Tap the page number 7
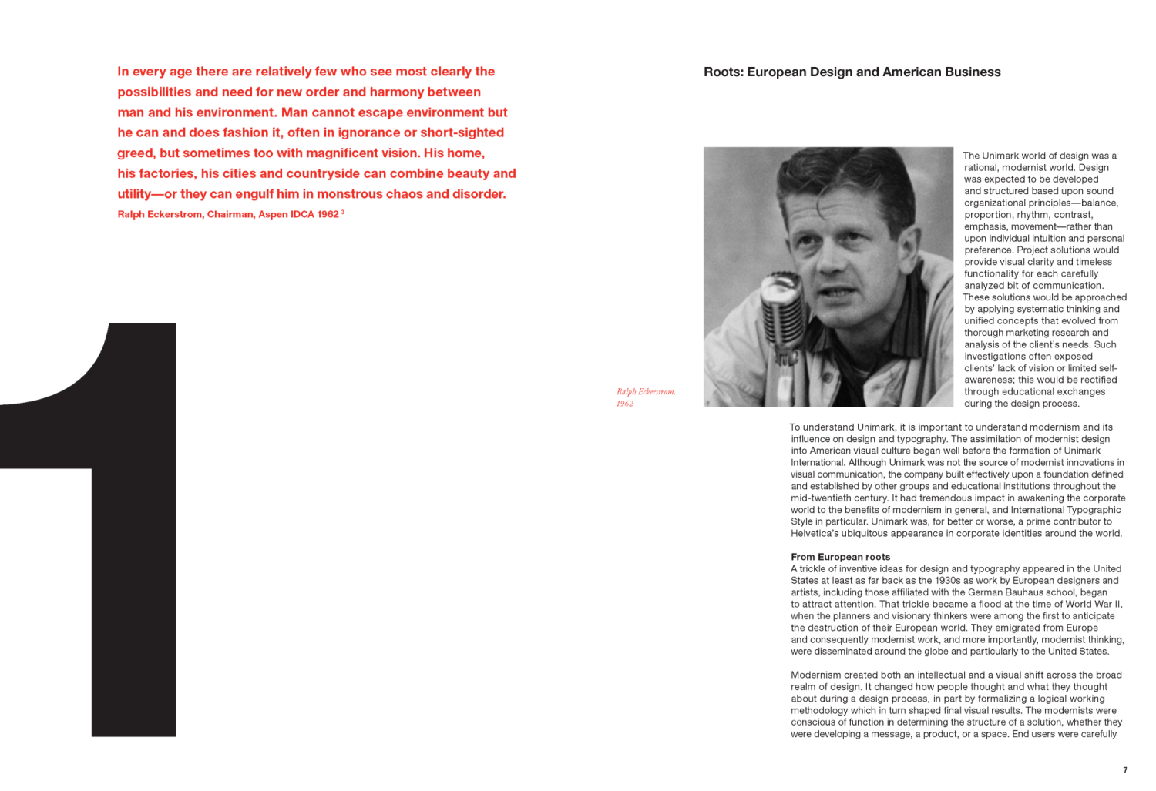(1125, 770)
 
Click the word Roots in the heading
(722, 72)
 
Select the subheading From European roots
(840, 557)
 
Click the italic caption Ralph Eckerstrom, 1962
(645, 397)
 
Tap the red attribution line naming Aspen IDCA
(228, 215)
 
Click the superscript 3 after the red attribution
(343, 212)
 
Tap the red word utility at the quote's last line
(134, 194)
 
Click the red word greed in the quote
(135, 153)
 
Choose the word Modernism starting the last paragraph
(815, 675)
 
